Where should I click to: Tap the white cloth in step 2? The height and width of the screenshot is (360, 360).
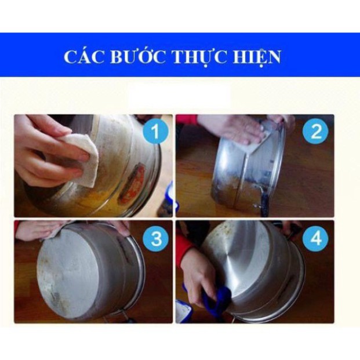click(x=256, y=139)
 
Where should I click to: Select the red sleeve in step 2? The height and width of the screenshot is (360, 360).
click(x=187, y=119)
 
